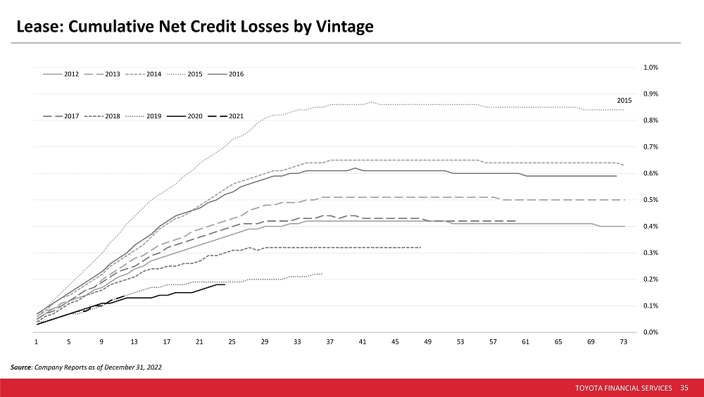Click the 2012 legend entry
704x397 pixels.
click(61, 74)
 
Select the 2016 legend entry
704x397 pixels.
click(226, 74)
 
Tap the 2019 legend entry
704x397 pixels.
click(143, 116)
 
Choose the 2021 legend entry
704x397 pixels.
click(226, 116)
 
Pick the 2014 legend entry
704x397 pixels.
click(143, 74)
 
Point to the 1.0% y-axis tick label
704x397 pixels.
click(650, 68)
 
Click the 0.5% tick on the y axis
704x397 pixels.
click(650, 200)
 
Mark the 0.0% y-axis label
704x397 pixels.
click(650, 332)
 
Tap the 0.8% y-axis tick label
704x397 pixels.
click(650, 120)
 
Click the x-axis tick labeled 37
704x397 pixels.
click(330, 342)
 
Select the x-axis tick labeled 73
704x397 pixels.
click(624, 342)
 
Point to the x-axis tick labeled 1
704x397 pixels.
click(37, 342)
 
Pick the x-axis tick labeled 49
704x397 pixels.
click(428, 342)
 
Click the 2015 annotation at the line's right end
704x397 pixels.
click(624, 101)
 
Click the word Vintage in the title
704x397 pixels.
click(345, 27)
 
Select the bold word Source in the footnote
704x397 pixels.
click(21, 367)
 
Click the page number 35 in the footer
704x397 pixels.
click(684, 388)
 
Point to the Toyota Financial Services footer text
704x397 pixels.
click(624, 388)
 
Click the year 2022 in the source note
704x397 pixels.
click(154, 367)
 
